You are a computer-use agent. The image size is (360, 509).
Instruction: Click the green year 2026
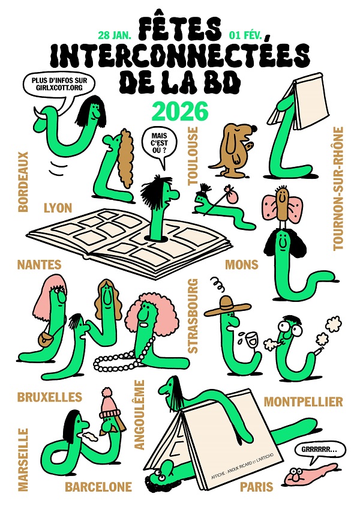pyautogui.click(x=180, y=111)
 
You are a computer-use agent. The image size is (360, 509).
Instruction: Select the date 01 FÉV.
pyautogui.click(x=245, y=35)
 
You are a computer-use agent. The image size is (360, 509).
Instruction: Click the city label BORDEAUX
pyautogui.click(x=23, y=182)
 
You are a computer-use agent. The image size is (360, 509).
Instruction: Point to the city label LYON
pyautogui.click(x=58, y=208)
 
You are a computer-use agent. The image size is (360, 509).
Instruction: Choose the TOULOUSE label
pyautogui.click(x=193, y=156)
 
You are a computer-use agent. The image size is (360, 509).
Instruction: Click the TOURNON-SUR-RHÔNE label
pyautogui.click(x=338, y=188)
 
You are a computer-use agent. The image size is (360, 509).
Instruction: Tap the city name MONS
pyautogui.click(x=242, y=265)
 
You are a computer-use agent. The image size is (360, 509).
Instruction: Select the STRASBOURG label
pyautogui.click(x=193, y=316)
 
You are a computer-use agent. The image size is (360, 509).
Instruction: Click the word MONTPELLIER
pyautogui.click(x=303, y=402)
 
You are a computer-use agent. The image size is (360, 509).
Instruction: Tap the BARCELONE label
pyautogui.click(x=98, y=487)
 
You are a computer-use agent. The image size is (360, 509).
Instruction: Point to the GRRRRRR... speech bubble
pyautogui.click(x=314, y=452)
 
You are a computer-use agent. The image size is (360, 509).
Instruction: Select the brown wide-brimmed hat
pyautogui.click(x=227, y=307)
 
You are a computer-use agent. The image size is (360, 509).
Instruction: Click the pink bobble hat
pyautogui.click(x=110, y=404)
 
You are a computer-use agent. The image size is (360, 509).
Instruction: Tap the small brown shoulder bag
pyautogui.click(x=46, y=340)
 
